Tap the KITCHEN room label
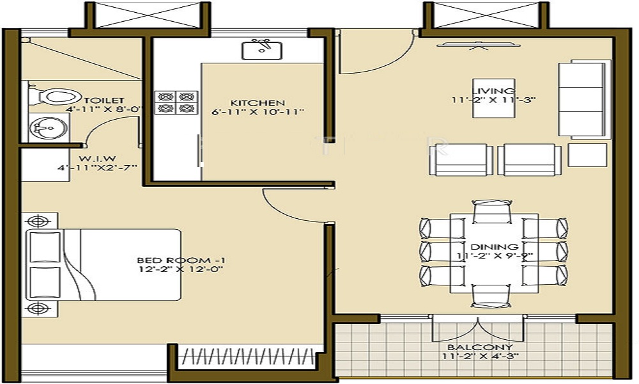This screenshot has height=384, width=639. coord(258,102)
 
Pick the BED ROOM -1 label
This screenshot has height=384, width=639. coord(182,260)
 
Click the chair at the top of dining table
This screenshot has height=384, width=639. coord(493,211)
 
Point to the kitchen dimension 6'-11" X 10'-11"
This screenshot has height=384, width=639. coord(258,112)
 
